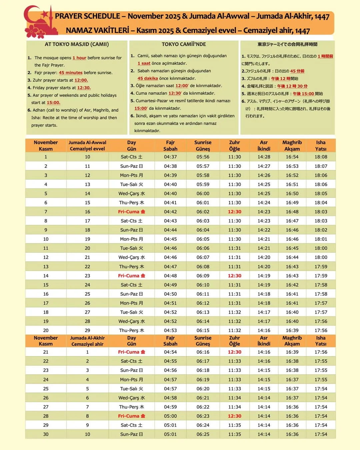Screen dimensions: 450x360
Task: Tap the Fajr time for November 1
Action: pyautogui.click(x=170, y=157)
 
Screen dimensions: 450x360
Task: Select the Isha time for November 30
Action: pyautogui.click(x=321, y=434)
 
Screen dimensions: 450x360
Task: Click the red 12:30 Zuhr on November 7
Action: pyautogui.click(x=234, y=212)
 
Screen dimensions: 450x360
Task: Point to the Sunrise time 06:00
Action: pyautogui.click(x=203, y=193)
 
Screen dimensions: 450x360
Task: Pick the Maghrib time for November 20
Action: pyautogui.click(x=292, y=330)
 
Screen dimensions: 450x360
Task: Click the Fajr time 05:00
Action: pyautogui.click(x=170, y=416)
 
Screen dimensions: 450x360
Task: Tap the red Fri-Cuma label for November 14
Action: pyautogui.click(x=131, y=276)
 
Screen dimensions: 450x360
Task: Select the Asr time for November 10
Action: pyautogui.click(x=264, y=239)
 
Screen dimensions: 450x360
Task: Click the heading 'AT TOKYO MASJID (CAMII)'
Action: pyautogui.click(x=77, y=44)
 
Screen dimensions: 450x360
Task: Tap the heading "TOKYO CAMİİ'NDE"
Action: pyautogui.click(x=184, y=44)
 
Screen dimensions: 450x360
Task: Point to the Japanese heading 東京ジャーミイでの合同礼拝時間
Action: pyautogui.click(x=287, y=44)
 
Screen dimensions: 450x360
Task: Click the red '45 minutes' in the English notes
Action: pyautogui.click(x=71, y=73)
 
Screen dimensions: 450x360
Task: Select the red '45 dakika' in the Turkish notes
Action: pyautogui.click(x=148, y=78)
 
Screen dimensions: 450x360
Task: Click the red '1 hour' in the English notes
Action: pyautogui.click(x=79, y=58)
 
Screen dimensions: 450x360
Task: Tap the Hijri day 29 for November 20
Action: pyautogui.click(x=87, y=330)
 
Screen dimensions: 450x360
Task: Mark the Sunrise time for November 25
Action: pyautogui.click(x=203, y=389)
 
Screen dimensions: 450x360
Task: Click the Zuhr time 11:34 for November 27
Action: pyautogui.click(x=234, y=407)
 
